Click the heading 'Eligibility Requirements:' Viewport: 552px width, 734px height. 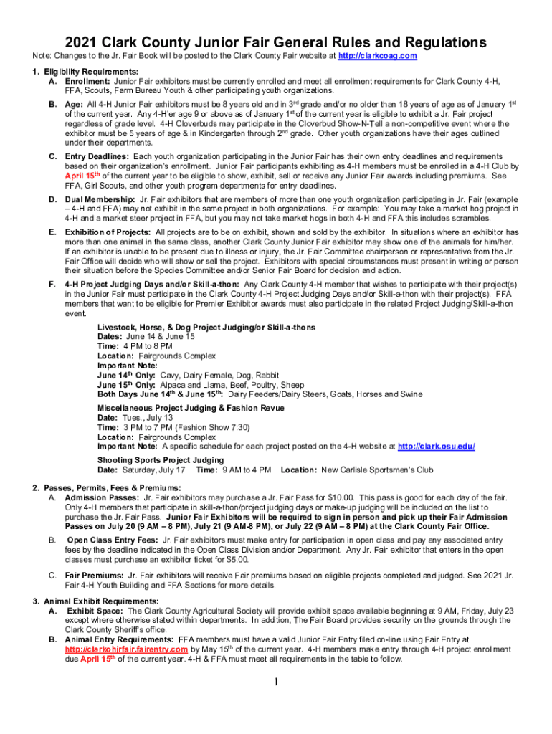pyautogui.click(x=80, y=72)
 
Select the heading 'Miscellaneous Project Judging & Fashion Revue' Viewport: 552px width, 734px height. pyautogui.click(x=191, y=408)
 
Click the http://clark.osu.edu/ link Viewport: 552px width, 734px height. pyautogui.click(x=436, y=446)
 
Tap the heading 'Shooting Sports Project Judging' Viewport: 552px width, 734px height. pyautogui.click(x=161, y=460)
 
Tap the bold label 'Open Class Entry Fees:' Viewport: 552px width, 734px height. pyautogui.click(x=113, y=540)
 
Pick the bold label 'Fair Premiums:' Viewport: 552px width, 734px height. pyautogui.click(x=94, y=576)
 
